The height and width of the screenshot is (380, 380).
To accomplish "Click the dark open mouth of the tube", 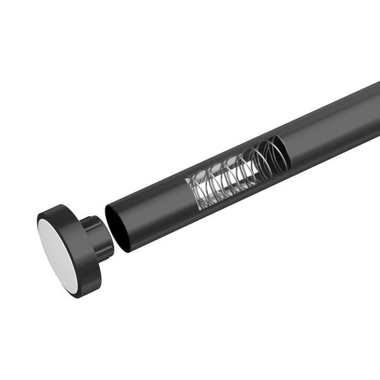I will [120, 227].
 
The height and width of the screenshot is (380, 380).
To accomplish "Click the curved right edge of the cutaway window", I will [289, 152].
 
